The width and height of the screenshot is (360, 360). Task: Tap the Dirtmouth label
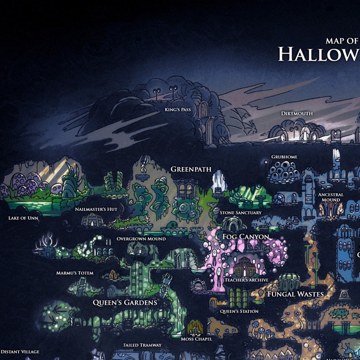(297, 113)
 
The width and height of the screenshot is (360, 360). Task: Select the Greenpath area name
(191, 169)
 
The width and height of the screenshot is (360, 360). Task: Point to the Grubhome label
(284, 157)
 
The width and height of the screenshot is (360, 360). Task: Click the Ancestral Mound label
(331, 197)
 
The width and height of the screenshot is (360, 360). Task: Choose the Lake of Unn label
(23, 218)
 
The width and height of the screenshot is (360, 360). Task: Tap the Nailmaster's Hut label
(96, 209)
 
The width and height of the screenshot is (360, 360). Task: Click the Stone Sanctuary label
(240, 212)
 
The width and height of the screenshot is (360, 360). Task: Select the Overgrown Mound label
(141, 238)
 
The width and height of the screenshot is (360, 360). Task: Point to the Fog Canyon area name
(245, 237)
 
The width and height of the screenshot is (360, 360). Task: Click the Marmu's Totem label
(75, 273)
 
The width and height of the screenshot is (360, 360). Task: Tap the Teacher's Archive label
(247, 280)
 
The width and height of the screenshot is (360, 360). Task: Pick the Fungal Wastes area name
(295, 294)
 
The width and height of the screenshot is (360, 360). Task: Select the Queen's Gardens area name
(125, 302)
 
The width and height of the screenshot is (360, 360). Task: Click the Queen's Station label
(239, 311)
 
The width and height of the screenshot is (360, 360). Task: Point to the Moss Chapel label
(196, 339)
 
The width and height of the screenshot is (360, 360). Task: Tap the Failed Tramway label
(142, 345)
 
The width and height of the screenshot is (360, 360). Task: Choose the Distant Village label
(20, 352)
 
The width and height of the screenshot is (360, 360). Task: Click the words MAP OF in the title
(342, 41)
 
